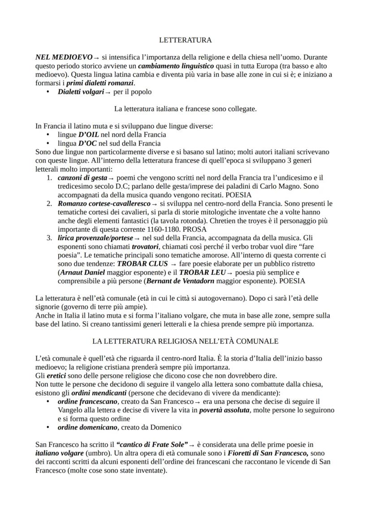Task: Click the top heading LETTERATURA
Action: point(185,40)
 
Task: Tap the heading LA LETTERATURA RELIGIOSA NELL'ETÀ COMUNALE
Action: point(185,341)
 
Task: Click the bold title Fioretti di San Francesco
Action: point(266,453)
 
